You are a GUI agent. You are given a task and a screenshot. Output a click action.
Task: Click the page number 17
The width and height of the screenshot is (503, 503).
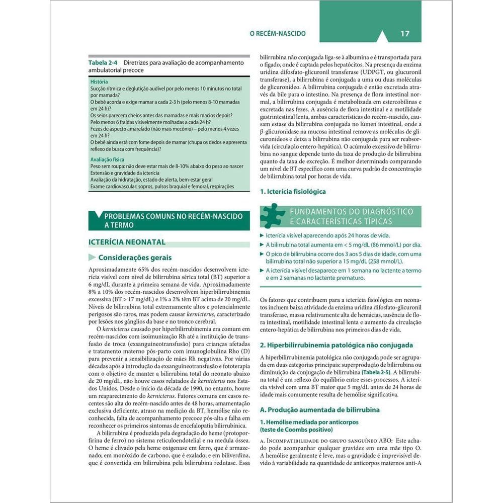pos(405,34)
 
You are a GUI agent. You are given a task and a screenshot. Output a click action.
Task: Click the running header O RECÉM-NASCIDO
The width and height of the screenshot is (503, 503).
pos(278,34)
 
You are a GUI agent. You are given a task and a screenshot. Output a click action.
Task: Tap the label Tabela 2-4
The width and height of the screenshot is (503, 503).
pos(103,63)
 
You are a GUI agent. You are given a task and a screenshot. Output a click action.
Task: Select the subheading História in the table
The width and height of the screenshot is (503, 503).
pos(99,81)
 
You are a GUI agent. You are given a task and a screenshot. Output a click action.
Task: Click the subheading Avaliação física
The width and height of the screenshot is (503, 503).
pos(107,159)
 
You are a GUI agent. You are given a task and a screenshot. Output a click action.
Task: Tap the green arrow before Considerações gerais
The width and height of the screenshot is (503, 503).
pos(92,258)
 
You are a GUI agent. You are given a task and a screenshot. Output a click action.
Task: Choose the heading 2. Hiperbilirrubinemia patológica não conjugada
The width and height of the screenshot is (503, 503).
pos(336,345)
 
